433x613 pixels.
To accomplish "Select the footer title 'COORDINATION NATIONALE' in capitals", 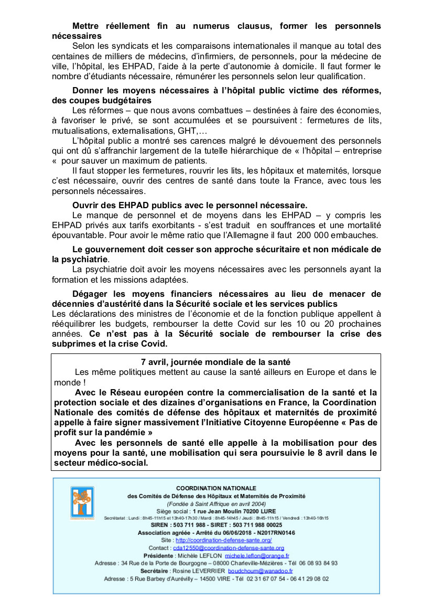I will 216,488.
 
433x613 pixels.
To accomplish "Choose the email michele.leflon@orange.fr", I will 257,556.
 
